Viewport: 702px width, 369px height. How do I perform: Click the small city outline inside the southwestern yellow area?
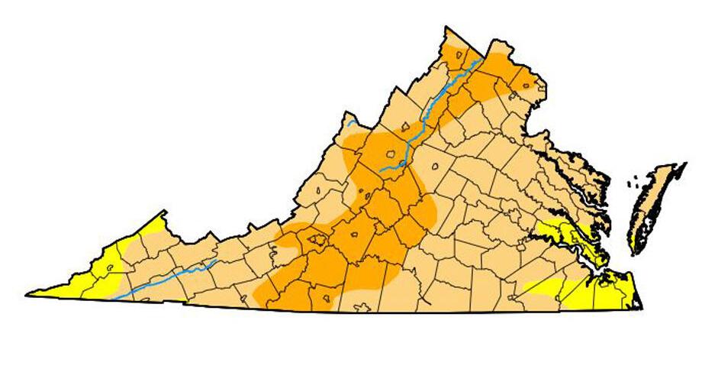[111, 267]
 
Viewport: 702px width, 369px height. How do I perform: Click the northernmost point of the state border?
[446, 28]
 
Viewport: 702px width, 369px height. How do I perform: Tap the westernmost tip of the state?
[27, 293]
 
